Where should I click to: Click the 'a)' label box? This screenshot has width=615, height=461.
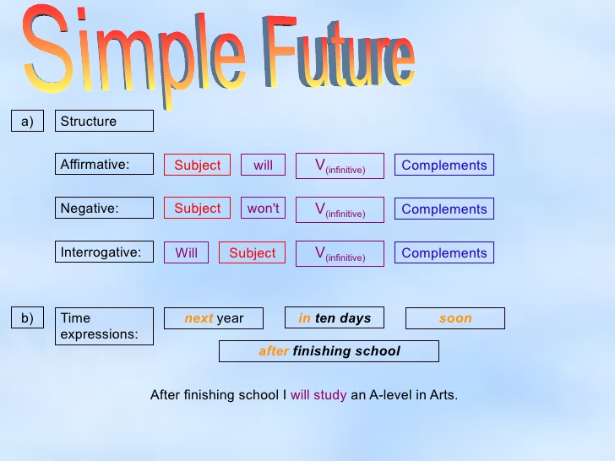28,122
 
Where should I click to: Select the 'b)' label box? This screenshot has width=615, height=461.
28,318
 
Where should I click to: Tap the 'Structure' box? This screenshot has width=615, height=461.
104,122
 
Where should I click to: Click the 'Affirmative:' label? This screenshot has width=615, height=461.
104,165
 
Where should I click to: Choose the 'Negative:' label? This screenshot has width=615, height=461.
104,208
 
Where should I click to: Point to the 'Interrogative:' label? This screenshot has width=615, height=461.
104,252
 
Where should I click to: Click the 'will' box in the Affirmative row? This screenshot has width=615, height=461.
263,165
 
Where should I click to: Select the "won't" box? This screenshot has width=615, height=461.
263,208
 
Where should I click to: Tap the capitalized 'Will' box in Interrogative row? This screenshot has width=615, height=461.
186,252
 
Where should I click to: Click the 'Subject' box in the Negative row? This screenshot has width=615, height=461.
197,208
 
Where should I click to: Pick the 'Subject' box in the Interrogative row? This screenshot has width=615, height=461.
252,252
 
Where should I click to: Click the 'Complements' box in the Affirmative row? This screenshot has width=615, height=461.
444,165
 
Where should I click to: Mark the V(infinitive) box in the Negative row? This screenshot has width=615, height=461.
340,209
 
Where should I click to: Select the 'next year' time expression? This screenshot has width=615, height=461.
214,318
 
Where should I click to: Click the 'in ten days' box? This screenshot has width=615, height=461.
335,318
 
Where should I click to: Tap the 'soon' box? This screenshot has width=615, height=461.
455,318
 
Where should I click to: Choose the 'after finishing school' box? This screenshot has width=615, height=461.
329,351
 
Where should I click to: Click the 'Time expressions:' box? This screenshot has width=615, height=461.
104,326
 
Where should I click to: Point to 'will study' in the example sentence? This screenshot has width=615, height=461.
318,394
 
